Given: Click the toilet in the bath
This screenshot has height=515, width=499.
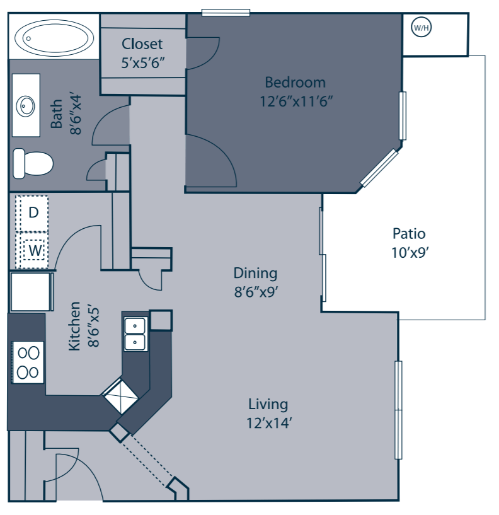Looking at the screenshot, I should pyautogui.click(x=33, y=163).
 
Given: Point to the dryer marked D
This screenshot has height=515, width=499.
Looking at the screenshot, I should pyautogui.click(x=33, y=212).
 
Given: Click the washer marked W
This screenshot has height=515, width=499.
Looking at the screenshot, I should pyautogui.click(x=35, y=250).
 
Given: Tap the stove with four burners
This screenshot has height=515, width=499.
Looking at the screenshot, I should pyautogui.click(x=27, y=362).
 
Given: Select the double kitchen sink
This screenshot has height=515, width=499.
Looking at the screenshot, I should pyautogui.click(x=135, y=333).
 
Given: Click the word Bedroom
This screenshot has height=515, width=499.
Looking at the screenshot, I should pyautogui.click(x=295, y=82).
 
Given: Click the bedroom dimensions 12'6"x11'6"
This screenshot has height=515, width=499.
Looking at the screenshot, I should pyautogui.click(x=295, y=100).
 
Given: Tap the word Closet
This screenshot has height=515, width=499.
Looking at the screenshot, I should pyautogui.click(x=142, y=44).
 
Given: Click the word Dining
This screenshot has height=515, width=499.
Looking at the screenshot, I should pyautogui.click(x=255, y=273).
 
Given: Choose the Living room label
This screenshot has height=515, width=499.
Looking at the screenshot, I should pyautogui.click(x=268, y=404).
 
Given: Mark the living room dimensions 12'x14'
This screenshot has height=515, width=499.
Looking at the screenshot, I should pyautogui.click(x=268, y=423).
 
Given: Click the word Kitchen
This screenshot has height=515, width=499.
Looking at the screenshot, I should pyautogui.click(x=74, y=327).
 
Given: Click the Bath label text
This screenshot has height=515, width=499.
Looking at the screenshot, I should pyautogui.click(x=57, y=114).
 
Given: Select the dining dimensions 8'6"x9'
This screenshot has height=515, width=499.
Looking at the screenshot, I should pyautogui.click(x=256, y=292).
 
